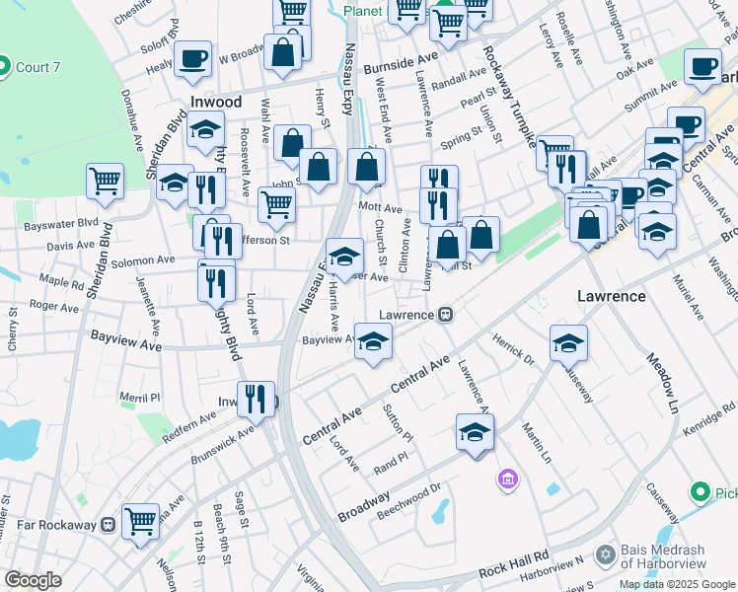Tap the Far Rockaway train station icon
pos(109,524)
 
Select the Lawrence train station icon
pos(446,315)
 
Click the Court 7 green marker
pos(3,67)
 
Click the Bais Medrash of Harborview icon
pos(606,555)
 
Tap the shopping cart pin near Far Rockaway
pos(141,519)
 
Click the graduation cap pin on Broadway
pos(475,432)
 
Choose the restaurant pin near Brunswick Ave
pos(257,399)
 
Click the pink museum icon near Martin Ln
pos(508,479)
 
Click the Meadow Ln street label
pos(661,381)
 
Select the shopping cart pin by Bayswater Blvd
pos(105,181)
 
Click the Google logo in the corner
pos(33,580)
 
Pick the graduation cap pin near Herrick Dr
pos(568,343)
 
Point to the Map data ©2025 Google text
pos(677,584)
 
